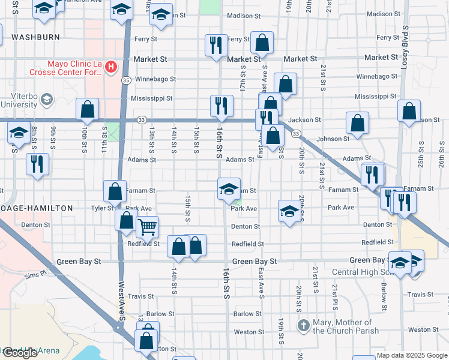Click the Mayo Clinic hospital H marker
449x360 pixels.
110,67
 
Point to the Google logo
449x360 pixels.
20,353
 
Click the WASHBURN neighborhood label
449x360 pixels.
35,37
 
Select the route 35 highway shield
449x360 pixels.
125,79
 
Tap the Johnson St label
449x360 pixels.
333,139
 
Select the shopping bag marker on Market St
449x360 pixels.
262,43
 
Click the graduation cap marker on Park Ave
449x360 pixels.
289,212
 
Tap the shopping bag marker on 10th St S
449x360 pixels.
88,110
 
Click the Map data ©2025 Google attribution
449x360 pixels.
411,355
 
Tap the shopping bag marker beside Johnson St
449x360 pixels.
358,124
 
